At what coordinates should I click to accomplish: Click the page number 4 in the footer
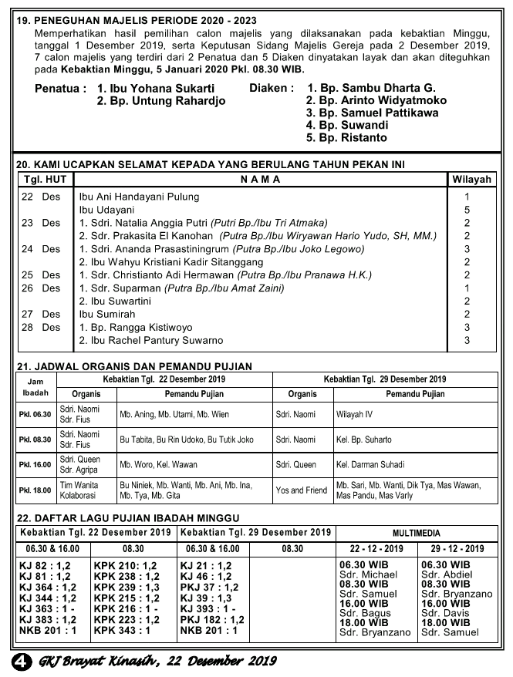(x=21, y=661)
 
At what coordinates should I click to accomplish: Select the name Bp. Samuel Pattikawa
(x=372, y=113)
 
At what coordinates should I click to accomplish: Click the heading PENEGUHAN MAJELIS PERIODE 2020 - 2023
(x=143, y=21)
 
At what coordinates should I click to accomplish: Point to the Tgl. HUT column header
(x=46, y=180)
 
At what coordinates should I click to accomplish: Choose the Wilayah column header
(x=471, y=180)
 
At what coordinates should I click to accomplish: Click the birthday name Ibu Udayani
(x=106, y=210)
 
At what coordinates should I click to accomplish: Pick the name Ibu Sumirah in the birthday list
(x=106, y=315)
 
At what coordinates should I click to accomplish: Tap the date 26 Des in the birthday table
(x=40, y=288)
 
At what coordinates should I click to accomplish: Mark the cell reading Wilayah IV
(x=354, y=414)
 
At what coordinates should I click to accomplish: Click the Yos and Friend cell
(x=301, y=490)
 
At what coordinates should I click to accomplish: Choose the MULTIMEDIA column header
(x=416, y=532)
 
